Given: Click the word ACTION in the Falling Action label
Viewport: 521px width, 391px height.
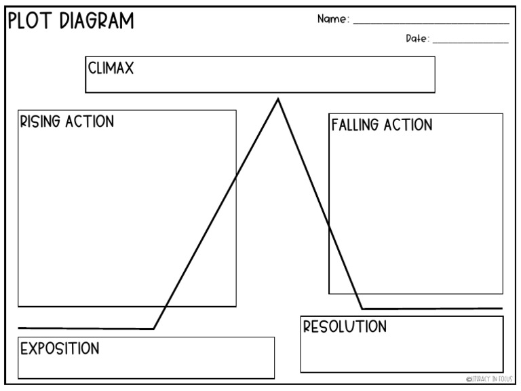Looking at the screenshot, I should point(408,126).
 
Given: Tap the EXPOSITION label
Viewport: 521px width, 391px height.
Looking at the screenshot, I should point(60,349).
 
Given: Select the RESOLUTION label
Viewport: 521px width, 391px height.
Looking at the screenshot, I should point(345,327).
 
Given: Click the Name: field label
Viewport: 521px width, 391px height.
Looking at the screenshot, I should point(333,20).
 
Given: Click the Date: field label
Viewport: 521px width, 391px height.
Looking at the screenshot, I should point(417,39).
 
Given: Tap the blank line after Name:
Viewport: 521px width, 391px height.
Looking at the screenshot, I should point(431,23).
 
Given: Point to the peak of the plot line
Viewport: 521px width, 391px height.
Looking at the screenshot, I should point(277,100).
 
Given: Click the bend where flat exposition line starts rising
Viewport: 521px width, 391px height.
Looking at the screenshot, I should point(154,329).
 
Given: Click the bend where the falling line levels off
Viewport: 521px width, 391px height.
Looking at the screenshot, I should point(362,309).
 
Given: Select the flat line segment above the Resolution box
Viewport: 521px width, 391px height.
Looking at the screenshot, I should point(434,309).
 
